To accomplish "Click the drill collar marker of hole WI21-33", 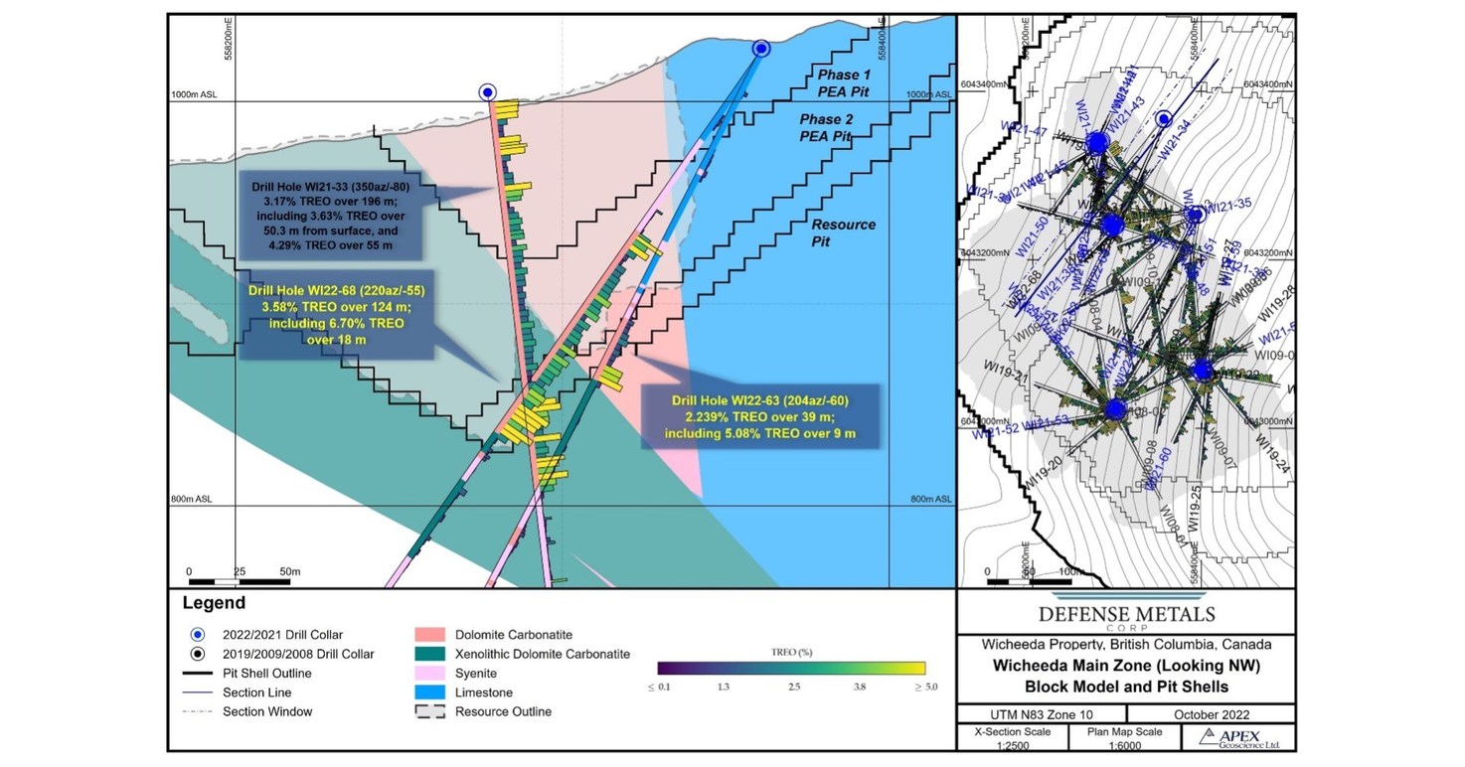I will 487,92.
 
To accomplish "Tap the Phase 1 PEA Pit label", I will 844,82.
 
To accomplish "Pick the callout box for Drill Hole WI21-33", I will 331,217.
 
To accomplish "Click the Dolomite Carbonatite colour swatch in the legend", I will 429,635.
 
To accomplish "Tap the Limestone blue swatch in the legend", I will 429,691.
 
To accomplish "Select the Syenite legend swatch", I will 429,673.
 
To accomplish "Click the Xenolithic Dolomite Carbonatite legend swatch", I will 429,654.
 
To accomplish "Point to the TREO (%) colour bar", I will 791,668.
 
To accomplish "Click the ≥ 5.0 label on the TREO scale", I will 923,687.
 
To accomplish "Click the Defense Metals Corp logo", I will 1126,616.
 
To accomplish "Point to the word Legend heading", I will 214,603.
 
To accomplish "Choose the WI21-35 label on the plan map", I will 1228,205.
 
